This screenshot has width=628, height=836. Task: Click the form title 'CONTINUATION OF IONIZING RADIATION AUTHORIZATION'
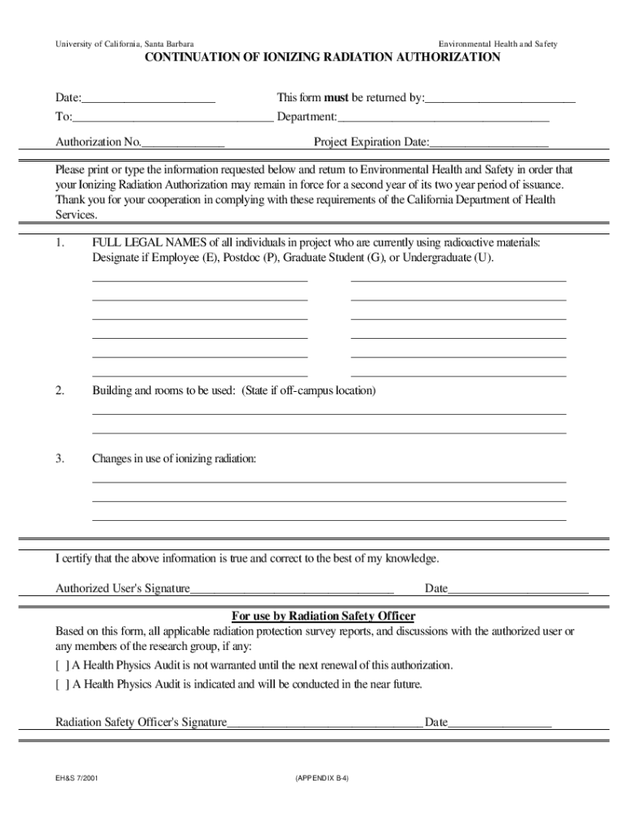pos(322,58)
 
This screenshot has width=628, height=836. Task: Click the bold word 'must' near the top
pos(336,98)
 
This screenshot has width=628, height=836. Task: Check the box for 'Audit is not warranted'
pos(62,665)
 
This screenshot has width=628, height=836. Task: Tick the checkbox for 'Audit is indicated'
pos(62,685)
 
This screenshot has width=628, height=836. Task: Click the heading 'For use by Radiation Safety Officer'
pos(324,616)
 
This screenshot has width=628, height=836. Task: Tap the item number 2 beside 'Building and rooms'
pos(60,391)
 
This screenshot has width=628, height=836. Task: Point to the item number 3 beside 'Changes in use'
pos(60,460)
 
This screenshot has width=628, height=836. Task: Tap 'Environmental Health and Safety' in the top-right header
pos(498,43)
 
